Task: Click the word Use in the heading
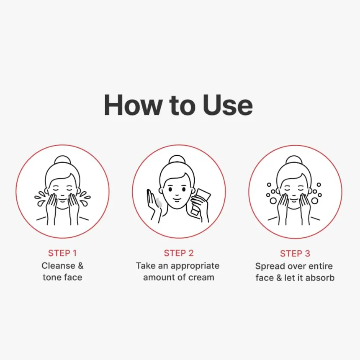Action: click(228, 105)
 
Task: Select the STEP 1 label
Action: click(62, 253)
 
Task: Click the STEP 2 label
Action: click(179, 253)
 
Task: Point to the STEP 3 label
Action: click(295, 254)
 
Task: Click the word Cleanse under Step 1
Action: click(58, 266)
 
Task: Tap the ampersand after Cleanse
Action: click(81, 266)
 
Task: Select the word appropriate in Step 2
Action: click(195, 266)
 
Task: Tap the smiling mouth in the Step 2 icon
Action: click(177, 200)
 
